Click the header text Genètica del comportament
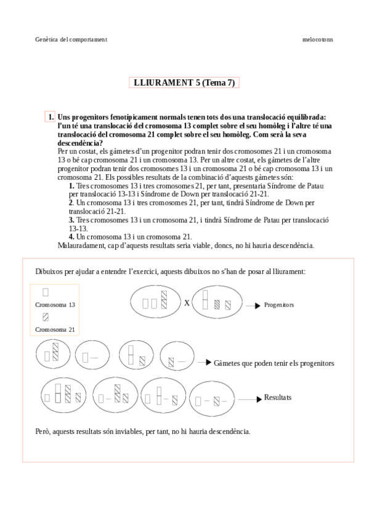click(71, 39)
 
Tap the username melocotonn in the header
click(318, 39)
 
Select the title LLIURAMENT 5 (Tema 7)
click(184, 83)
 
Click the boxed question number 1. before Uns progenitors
click(50, 117)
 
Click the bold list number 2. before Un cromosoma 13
click(71, 203)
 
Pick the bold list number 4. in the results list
click(71, 236)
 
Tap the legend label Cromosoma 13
click(55, 305)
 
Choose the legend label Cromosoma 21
click(55, 329)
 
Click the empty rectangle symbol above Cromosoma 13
click(46, 292)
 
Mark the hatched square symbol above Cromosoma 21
click(46, 318)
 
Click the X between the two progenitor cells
click(187, 303)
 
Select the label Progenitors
click(279, 305)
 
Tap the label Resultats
click(278, 398)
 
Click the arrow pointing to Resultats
click(249, 399)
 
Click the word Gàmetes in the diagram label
click(228, 363)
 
